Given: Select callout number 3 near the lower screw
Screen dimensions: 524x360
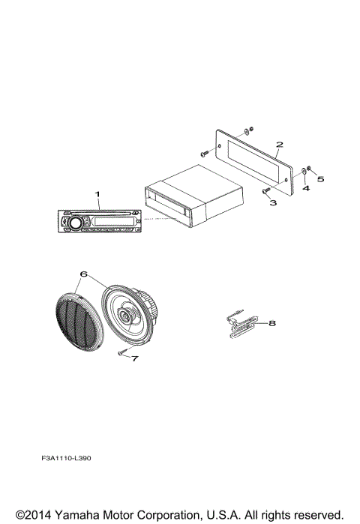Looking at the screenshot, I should (274, 202).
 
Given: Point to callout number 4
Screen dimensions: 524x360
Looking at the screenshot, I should (305, 188).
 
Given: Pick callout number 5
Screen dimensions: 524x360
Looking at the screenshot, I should (320, 179).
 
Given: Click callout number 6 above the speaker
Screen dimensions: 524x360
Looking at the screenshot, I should (82, 275).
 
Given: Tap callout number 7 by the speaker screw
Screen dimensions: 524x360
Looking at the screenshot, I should (136, 359).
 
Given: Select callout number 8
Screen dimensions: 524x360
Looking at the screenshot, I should (272, 323).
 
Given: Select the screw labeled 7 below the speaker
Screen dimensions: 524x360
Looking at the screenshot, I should (123, 352).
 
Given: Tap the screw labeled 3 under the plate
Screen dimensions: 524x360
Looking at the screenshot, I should (265, 192).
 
